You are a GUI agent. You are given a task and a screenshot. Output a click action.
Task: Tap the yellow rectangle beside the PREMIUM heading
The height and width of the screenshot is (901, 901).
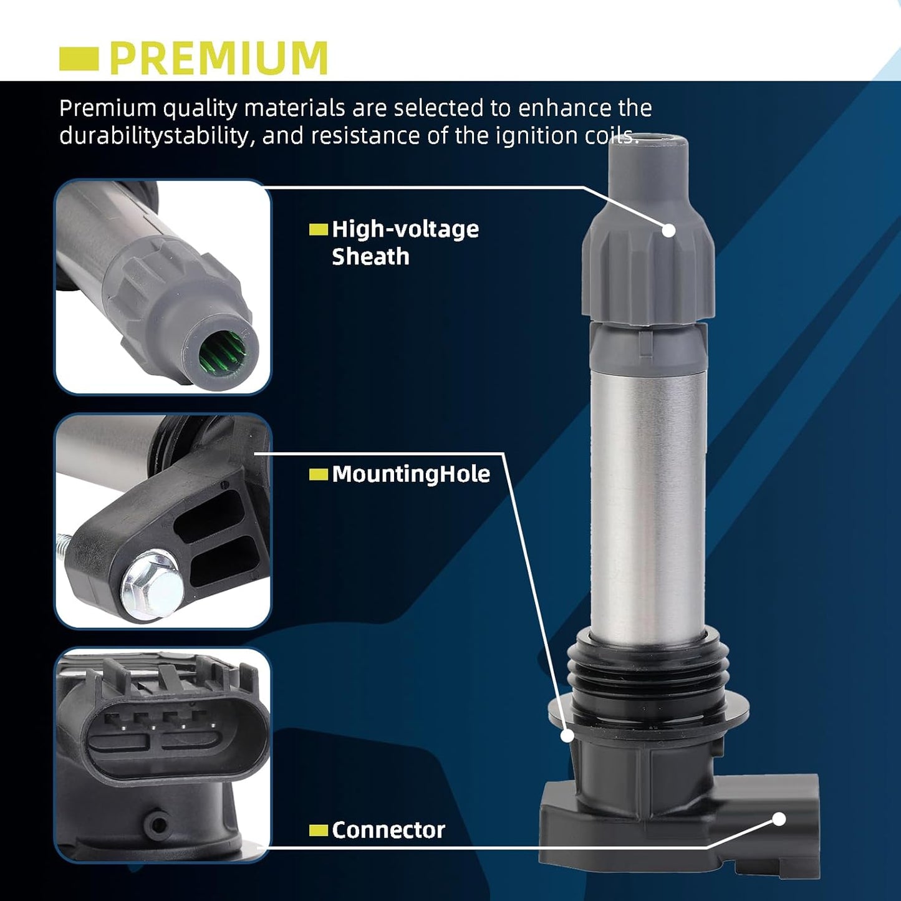79,59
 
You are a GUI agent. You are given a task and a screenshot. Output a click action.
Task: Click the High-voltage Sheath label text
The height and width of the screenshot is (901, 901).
405,243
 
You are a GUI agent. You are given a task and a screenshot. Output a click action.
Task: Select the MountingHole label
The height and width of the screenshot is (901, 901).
411,474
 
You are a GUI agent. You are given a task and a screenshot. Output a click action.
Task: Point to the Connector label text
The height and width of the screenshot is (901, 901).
388,831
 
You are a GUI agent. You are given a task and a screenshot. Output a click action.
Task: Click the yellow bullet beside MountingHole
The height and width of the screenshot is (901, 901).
319,475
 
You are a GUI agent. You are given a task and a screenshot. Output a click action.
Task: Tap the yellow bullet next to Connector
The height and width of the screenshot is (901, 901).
319,831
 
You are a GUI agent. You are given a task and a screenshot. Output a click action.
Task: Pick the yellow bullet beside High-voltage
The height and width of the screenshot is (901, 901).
319,229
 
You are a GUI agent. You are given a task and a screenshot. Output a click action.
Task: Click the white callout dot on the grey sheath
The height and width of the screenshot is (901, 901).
669,230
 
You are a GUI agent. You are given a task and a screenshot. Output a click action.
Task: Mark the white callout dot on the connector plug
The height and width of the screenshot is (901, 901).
779,819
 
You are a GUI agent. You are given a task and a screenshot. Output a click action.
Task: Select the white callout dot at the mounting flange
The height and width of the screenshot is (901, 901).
567,736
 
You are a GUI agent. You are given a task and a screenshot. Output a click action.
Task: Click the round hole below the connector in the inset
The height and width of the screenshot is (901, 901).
159,825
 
